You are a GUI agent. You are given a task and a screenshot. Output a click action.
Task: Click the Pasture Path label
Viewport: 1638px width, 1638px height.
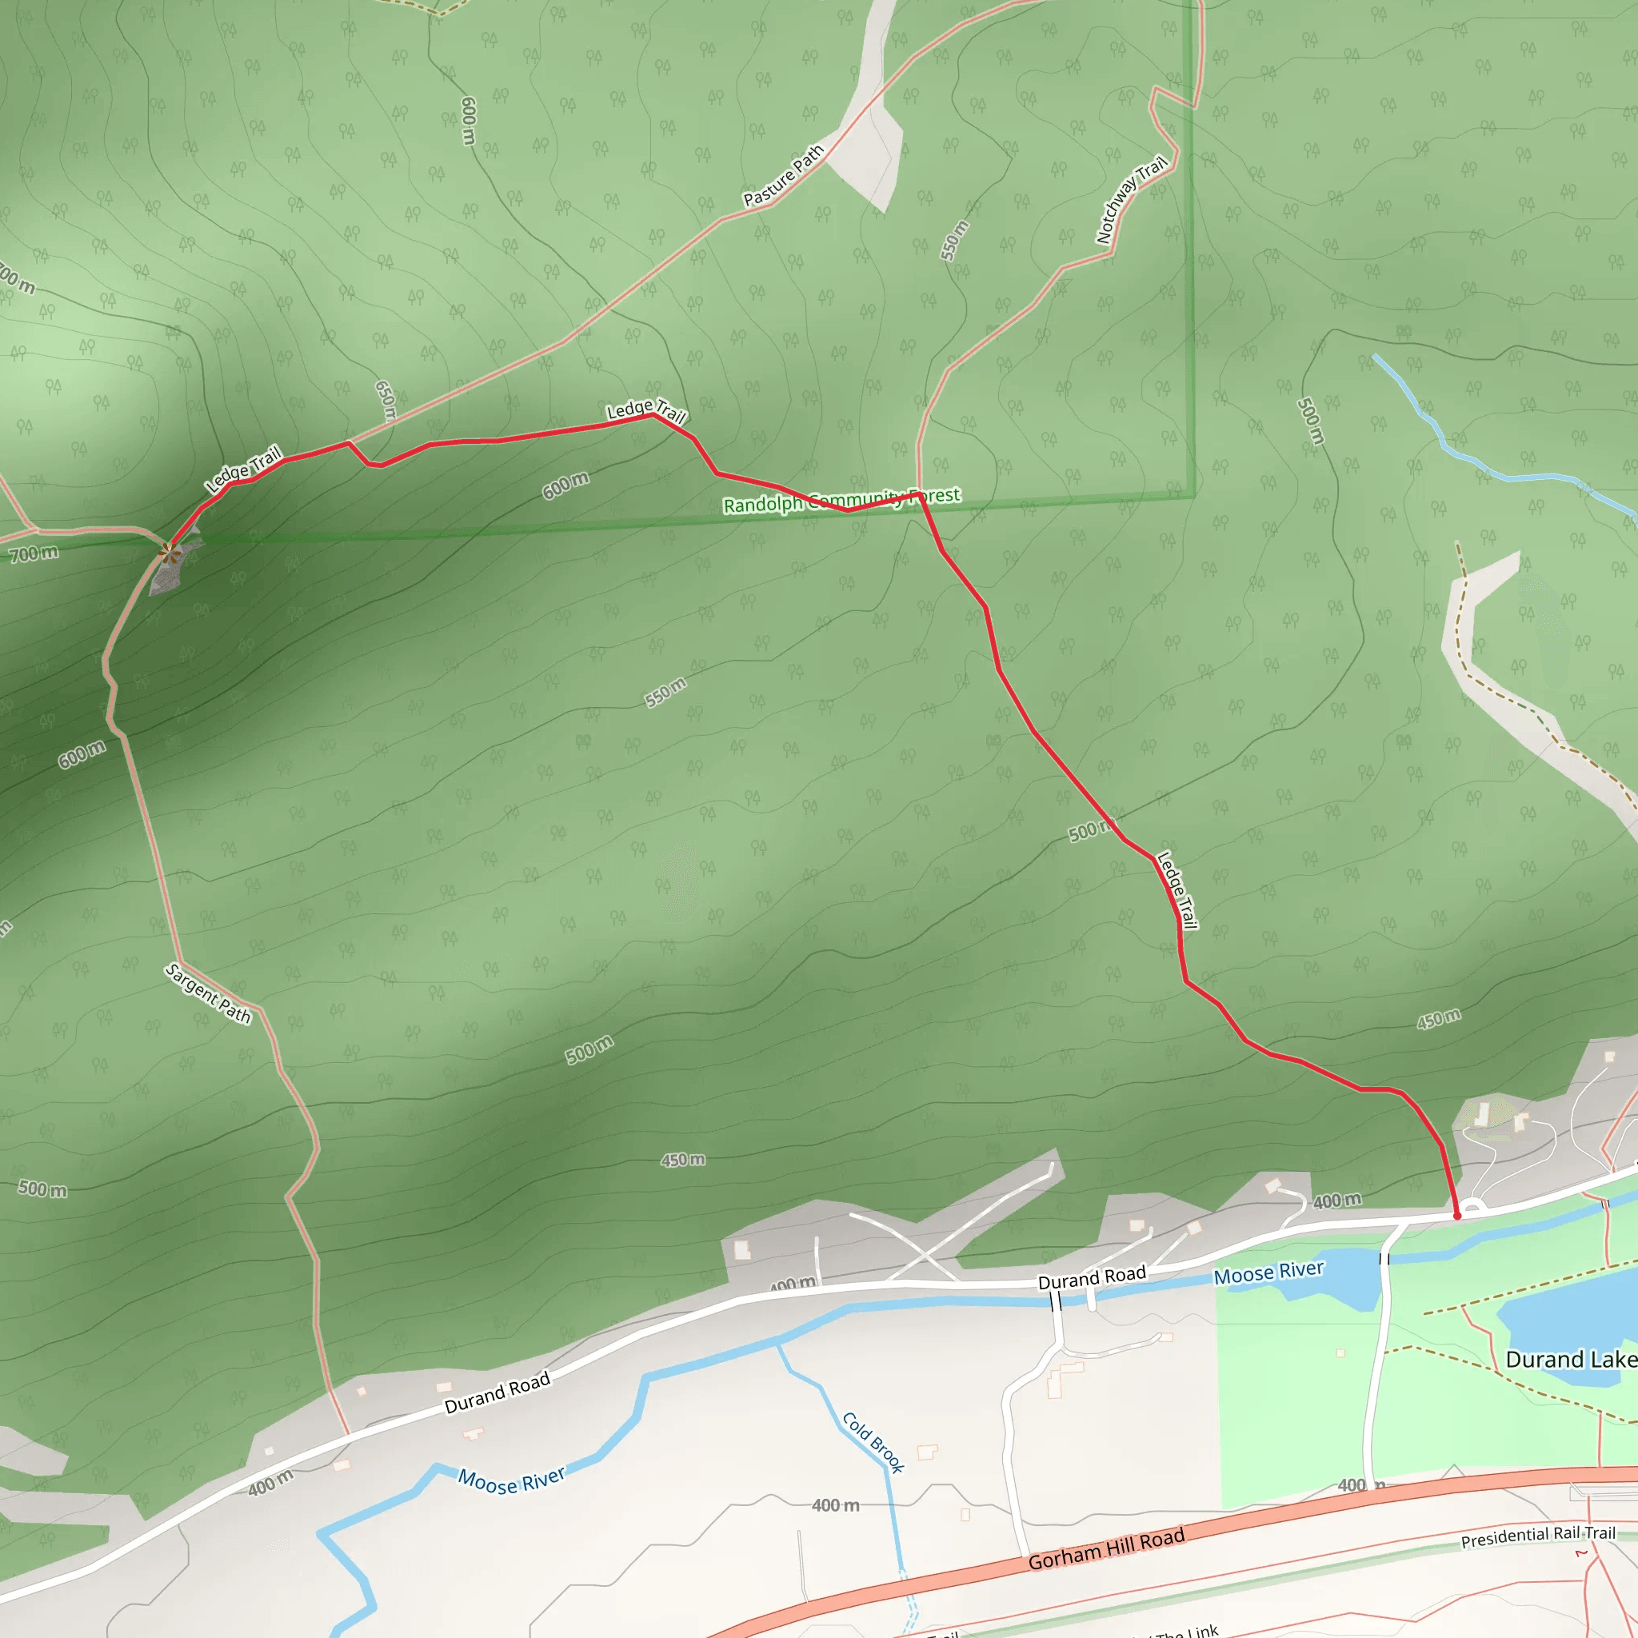(x=783, y=176)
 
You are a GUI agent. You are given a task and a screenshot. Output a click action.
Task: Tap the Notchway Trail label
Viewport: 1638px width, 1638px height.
(x=1131, y=201)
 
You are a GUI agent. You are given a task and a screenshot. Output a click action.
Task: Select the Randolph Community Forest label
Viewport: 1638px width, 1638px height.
(x=841, y=500)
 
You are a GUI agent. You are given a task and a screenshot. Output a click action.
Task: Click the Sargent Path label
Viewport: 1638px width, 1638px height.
(x=209, y=993)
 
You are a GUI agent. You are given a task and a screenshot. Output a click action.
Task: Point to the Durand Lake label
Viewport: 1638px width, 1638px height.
(x=1570, y=1360)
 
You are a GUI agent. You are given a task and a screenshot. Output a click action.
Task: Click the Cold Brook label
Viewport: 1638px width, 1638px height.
(x=873, y=1442)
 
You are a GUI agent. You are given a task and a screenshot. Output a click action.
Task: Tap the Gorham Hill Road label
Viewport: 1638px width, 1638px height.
(x=1105, y=1550)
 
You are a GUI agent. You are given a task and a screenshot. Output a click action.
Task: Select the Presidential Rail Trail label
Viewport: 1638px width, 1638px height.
(x=1538, y=1536)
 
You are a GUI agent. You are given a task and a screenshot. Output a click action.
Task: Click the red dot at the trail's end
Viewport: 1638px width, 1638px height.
(x=1457, y=1216)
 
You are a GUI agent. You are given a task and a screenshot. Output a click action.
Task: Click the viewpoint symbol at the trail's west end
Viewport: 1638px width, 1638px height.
(x=170, y=554)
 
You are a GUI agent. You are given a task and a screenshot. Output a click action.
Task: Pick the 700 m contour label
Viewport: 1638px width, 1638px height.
(x=34, y=554)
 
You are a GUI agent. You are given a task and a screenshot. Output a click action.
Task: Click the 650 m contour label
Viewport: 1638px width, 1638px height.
(x=386, y=400)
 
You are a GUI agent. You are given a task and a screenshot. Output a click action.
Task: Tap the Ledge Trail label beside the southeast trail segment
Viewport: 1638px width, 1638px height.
(x=1177, y=890)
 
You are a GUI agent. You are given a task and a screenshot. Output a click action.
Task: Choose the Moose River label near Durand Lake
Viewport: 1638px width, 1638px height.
(x=1268, y=1272)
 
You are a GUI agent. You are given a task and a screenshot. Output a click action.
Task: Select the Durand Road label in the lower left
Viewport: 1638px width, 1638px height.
(x=497, y=1393)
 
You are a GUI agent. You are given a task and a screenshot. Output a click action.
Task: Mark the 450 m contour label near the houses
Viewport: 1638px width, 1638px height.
(x=1439, y=1019)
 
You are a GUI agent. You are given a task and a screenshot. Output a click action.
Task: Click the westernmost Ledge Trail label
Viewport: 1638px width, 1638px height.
(x=243, y=469)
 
